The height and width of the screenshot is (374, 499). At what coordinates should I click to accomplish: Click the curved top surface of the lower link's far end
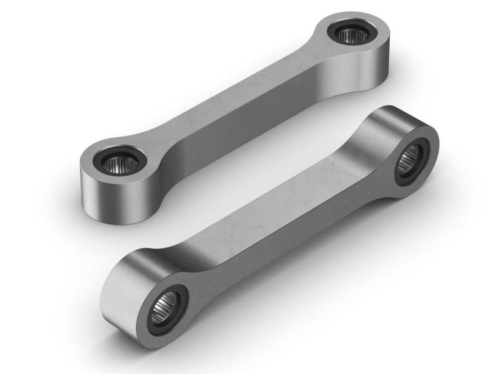[387, 122]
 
